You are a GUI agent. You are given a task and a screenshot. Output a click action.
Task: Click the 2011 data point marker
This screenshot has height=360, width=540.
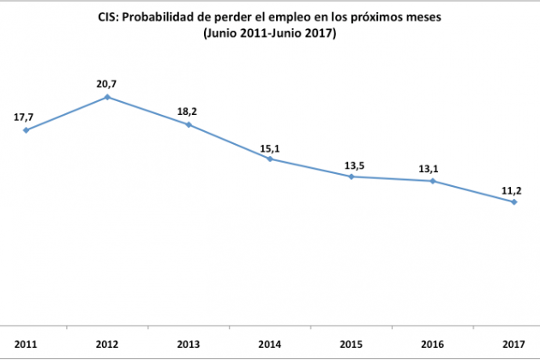pyautogui.click(x=27, y=130)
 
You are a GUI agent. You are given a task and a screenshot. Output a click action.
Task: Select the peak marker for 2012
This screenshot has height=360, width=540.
pyautogui.click(x=107, y=97)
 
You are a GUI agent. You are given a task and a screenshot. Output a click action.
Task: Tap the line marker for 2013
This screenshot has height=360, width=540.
pyautogui.click(x=189, y=125)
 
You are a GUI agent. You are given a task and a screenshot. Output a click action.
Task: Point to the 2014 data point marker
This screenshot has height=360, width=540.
pyautogui.click(x=270, y=159)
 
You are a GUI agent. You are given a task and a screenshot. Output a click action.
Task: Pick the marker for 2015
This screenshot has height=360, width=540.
pyautogui.click(x=351, y=177)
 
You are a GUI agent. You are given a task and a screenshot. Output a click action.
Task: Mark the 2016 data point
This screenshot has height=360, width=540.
pyautogui.click(x=433, y=181)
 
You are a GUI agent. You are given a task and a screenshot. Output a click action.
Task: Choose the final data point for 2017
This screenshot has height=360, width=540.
pyautogui.click(x=514, y=202)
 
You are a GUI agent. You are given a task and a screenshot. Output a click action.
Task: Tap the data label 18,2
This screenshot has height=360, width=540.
pyautogui.click(x=189, y=110)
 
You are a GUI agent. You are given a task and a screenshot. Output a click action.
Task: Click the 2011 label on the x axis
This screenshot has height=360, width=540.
pyautogui.click(x=26, y=345)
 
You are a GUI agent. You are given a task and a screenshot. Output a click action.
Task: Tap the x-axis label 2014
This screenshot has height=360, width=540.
pyautogui.click(x=270, y=345)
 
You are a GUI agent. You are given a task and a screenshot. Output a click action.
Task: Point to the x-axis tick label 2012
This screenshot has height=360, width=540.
pyautogui.click(x=107, y=345)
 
